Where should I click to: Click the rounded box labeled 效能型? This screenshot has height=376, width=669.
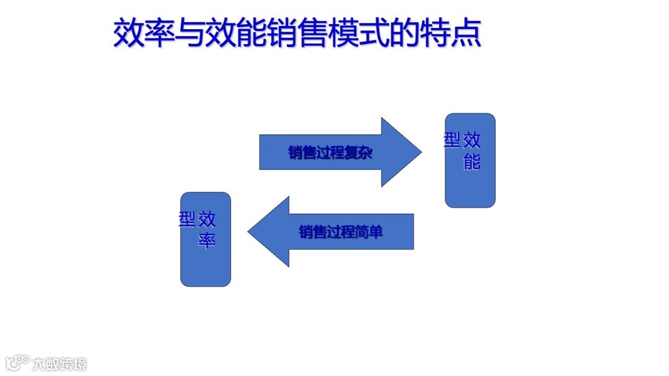pyautogui.click(x=470, y=180)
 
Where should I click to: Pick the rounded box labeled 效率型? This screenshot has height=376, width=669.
pyautogui.click(x=206, y=260)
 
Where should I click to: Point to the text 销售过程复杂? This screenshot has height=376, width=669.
pyautogui.click(x=330, y=152)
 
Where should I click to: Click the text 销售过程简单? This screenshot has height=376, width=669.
pyautogui.click(x=341, y=232)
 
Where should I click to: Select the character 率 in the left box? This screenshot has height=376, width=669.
pyautogui.click(x=207, y=240)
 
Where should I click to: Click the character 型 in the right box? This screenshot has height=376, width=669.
pyautogui.click(x=452, y=140)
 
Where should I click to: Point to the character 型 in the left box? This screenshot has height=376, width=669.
pyautogui.click(x=187, y=219)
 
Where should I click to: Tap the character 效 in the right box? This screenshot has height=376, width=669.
pyautogui.click(x=472, y=140)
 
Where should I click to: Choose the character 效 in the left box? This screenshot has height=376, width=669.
pyautogui.click(x=207, y=219)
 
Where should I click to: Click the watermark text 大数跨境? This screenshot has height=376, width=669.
pyautogui.click(x=60, y=364)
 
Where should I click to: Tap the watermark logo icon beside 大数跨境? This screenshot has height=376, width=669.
pyautogui.click(x=17, y=362)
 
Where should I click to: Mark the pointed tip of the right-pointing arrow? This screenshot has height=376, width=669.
pyautogui.click(x=421, y=152)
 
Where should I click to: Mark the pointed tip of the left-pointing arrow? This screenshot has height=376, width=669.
pyautogui.click(x=249, y=232)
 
